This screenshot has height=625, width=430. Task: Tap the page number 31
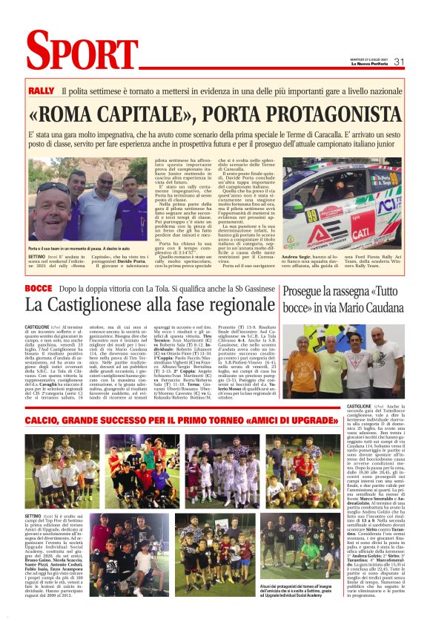[x=398, y=62]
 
